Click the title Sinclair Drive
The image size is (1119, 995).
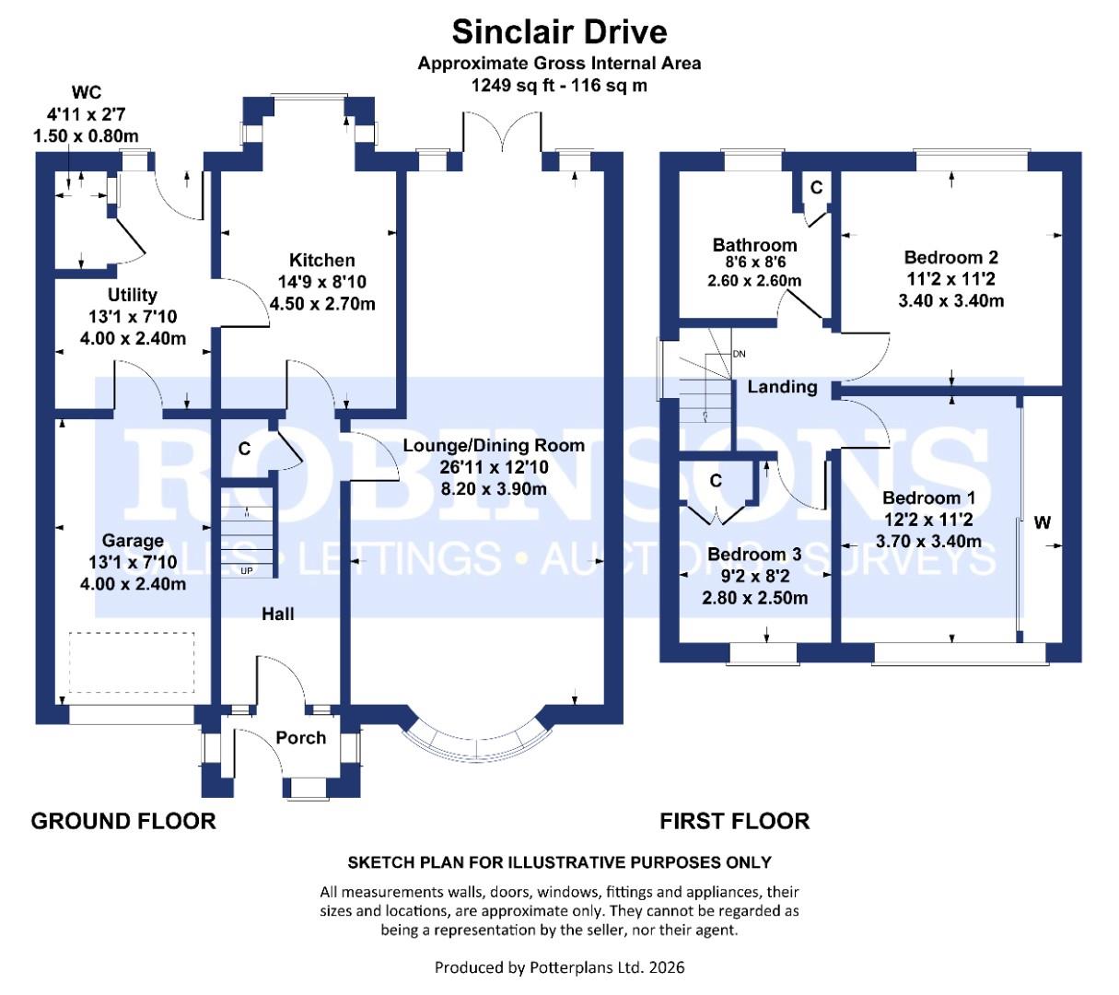559,32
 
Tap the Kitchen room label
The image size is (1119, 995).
321,260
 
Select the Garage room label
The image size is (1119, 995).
133,541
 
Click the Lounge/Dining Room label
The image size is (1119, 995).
494,446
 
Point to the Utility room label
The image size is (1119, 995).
133,295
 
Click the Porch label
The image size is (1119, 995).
301,738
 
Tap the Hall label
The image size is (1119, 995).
277,614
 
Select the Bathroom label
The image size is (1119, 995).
754,245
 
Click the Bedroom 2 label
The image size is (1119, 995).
950,258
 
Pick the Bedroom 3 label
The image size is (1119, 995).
754,555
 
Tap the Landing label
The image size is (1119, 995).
782,387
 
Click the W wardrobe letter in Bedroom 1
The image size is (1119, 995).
1042,523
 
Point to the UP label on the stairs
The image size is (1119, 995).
246,571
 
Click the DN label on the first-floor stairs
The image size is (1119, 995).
739,354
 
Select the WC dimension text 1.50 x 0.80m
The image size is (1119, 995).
87,136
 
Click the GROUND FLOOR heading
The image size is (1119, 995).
123,821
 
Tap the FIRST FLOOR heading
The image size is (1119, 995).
734,821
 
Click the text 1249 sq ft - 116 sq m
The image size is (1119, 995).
559,86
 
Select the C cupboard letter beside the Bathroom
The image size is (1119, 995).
816,188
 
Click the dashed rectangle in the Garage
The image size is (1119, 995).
133,662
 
